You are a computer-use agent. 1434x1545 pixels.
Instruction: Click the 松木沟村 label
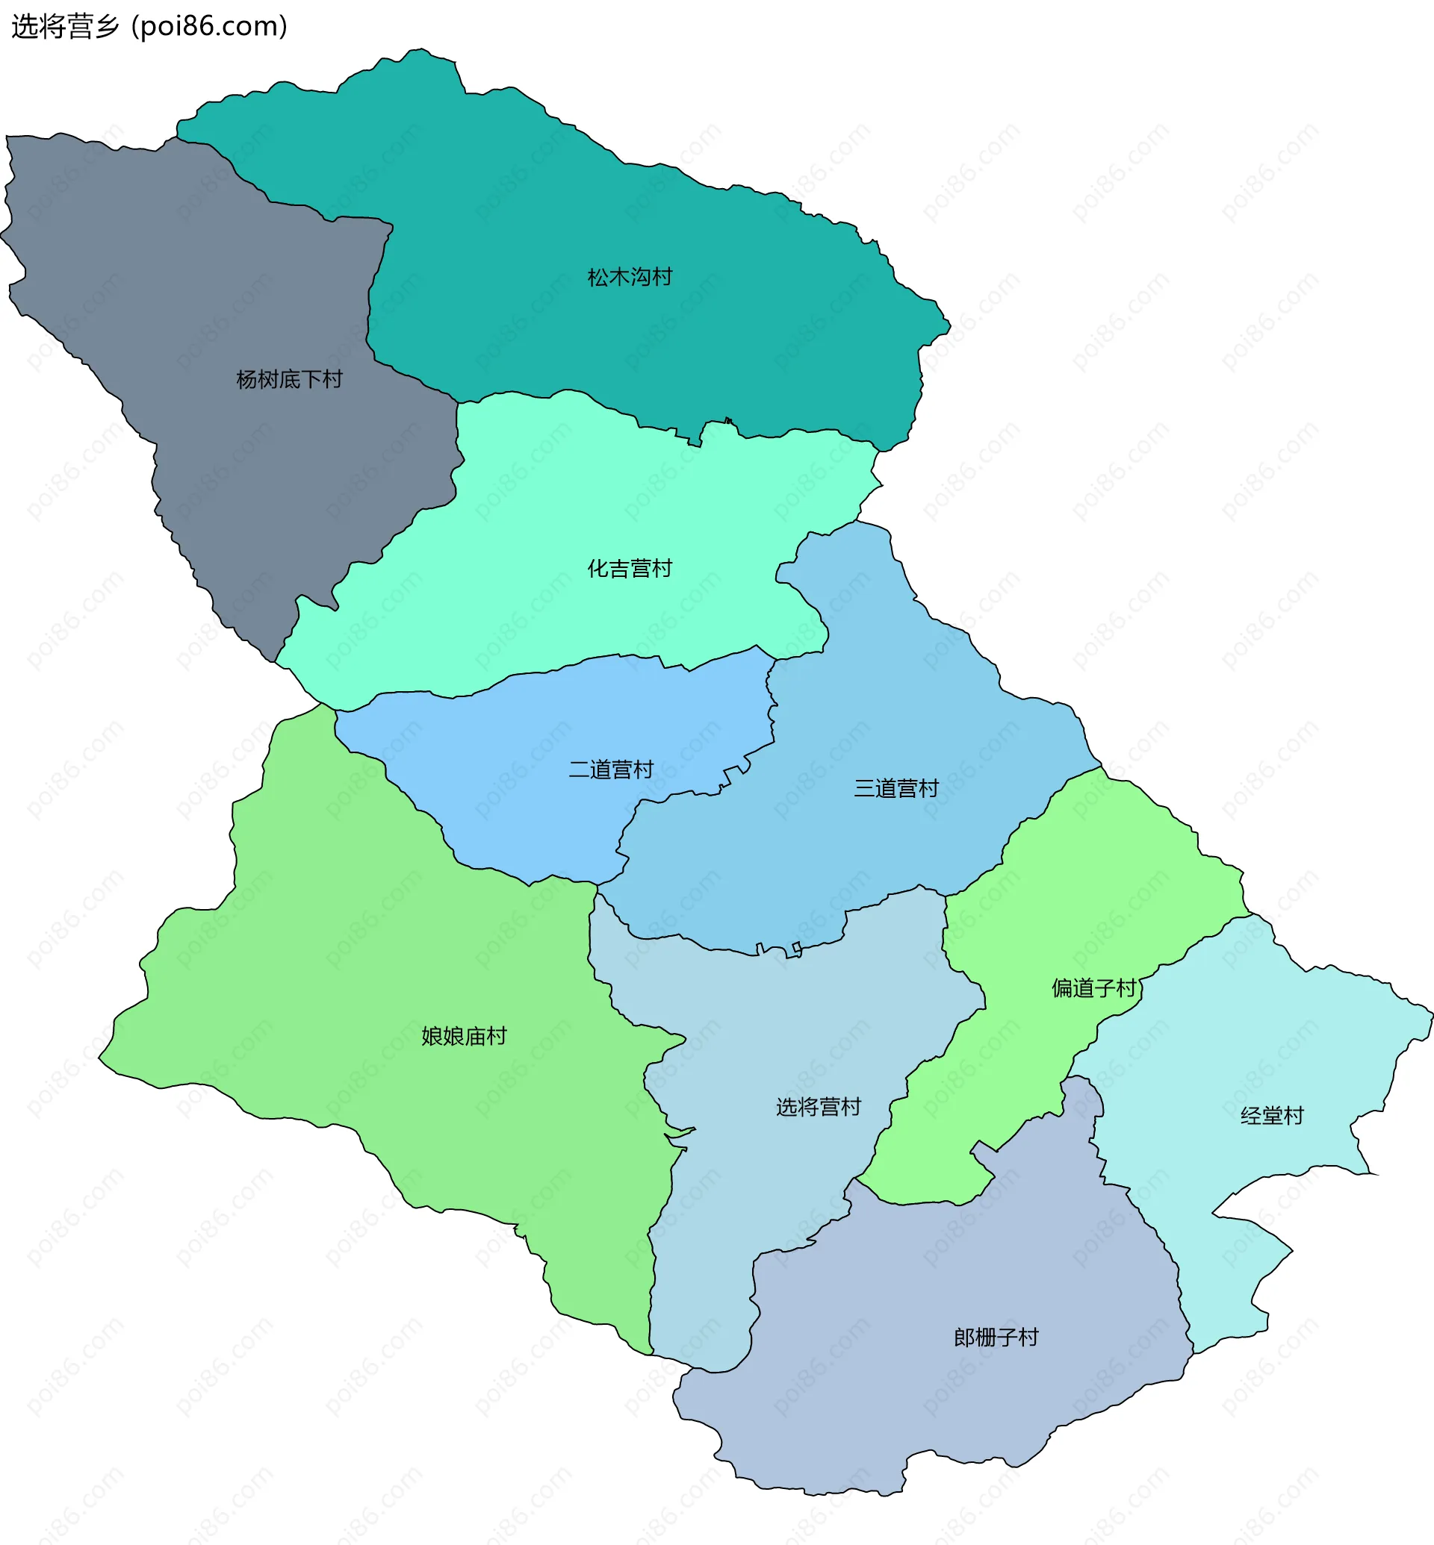630,277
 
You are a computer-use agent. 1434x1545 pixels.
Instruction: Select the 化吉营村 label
630,569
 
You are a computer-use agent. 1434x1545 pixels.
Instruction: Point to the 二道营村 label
611,770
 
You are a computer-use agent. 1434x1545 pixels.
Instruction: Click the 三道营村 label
896,788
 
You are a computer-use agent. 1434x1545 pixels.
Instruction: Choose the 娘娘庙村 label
463,1036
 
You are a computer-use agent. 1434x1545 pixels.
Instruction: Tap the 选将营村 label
819,1107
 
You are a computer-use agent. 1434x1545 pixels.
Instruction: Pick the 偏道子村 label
1093,988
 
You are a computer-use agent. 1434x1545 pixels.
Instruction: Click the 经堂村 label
1272,1116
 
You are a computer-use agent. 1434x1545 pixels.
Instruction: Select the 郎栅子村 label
996,1338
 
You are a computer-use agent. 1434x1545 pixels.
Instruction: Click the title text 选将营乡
65,26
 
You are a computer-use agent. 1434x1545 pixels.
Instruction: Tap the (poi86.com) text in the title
210,26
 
